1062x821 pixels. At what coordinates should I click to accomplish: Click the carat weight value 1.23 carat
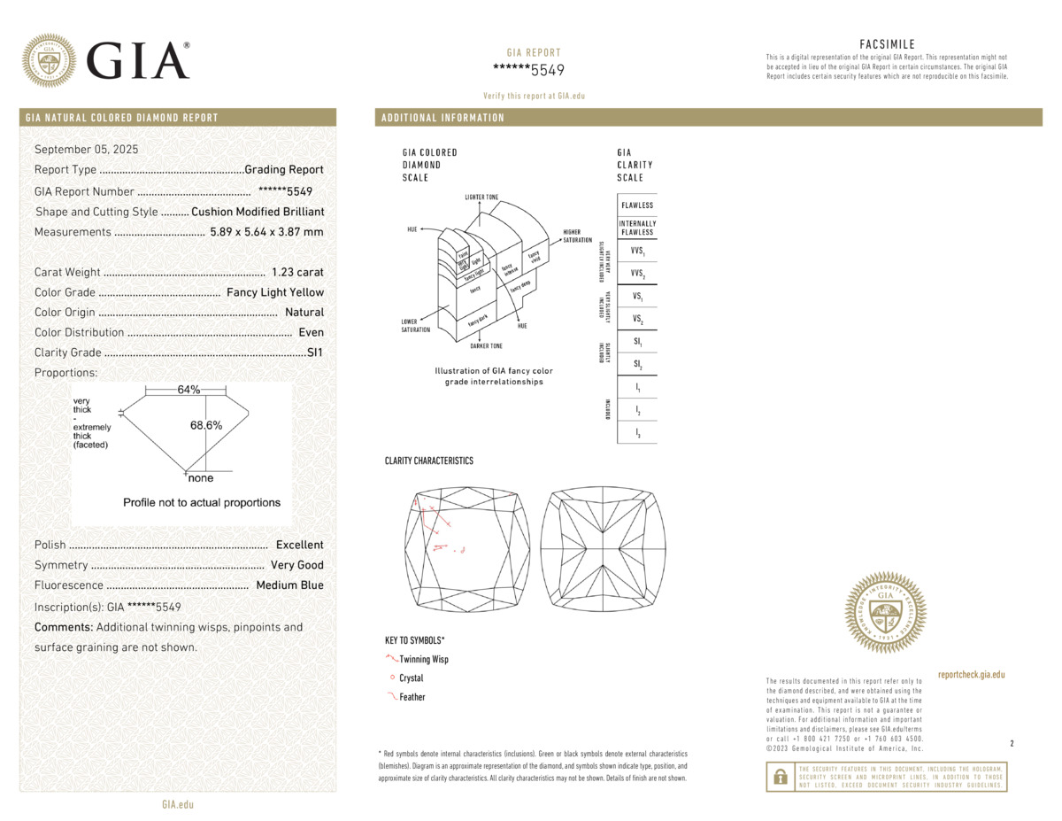(x=296, y=273)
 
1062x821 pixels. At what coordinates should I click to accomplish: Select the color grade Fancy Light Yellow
(x=275, y=292)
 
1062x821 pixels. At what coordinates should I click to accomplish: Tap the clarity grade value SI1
(x=315, y=352)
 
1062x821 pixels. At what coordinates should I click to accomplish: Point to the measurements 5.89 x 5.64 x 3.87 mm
(x=266, y=232)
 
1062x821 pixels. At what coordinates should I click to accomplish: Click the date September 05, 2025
(x=86, y=149)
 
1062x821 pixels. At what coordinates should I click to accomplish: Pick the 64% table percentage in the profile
(x=189, y=391)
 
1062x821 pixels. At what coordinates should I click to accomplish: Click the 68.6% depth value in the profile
(x=206, y=425)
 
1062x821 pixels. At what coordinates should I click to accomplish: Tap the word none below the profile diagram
(x=201, y=478)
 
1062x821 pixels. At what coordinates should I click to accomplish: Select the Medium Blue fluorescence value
(x=289, y=585)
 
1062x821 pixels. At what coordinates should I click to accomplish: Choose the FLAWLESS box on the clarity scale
(x=637, y=205)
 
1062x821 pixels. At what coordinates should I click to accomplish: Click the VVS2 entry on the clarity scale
(x=637, y=275)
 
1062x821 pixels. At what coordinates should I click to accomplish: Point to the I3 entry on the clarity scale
(x=637, y=433)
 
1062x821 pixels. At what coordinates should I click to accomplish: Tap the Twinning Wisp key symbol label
(x=424, y=660)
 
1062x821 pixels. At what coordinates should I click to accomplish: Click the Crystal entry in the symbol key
(x=412, y=678)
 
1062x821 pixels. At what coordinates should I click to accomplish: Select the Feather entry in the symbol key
(x=412, y=697)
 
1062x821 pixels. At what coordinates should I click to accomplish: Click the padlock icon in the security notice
(x=781, y=777)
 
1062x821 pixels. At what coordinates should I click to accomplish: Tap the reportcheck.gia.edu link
(x=971, y=675)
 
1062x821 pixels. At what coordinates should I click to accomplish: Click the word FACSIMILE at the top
(x=887, y=44)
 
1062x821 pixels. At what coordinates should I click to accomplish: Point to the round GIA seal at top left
(x=49, y=60)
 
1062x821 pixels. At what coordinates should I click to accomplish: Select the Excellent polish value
(x=299, y=546)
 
